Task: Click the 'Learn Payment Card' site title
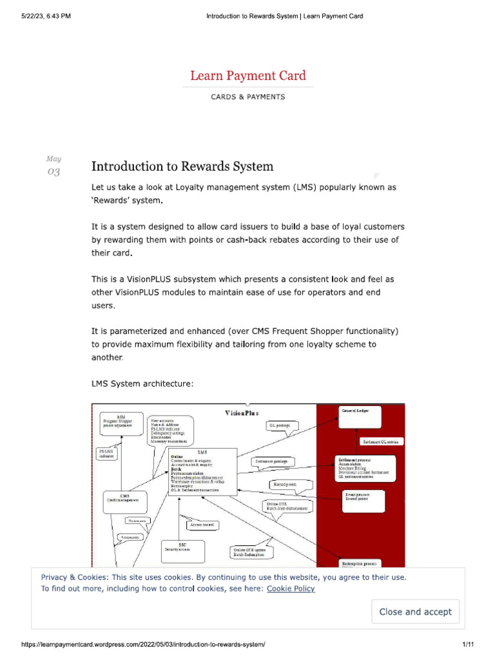point(248,75)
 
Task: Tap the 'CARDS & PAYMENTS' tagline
point(248,97)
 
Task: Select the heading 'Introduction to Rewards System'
point(182,166)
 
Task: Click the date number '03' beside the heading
point(53,171)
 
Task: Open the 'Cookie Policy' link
point(291,588)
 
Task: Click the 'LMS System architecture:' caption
point(142,384)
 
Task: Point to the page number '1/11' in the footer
point(468,645)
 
